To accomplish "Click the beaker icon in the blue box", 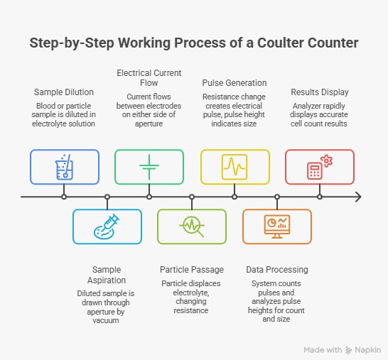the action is (x=64, y=167).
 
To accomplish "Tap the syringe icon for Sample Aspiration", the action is (x=107, y=227).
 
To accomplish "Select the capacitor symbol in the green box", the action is (x=149, y=167).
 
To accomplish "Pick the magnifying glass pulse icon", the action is (x=192, y=227).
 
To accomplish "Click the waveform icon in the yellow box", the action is (x=235, y=167).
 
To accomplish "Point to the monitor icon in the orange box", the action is (x=277, y=227).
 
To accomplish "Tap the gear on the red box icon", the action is (x=327, y=161).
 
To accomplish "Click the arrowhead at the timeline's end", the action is (x=358, y=197).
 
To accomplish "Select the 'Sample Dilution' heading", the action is (x=64, y=92).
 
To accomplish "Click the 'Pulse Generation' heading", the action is (x=235, y=83).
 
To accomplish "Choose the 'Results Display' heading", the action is (x=320, y=92).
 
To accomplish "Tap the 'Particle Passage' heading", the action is (x=192, y=270).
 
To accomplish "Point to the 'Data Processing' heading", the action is (x=277, y=270).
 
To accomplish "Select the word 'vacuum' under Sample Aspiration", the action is (x=106, y=320).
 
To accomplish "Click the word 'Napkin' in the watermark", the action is (x=367, y=350).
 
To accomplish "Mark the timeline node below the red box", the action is (x=320, y=197).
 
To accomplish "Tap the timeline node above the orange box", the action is (x=277, y=197).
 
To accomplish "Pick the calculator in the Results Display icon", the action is (x=315, y=170).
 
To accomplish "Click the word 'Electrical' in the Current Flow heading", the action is (x=132, y=73).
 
